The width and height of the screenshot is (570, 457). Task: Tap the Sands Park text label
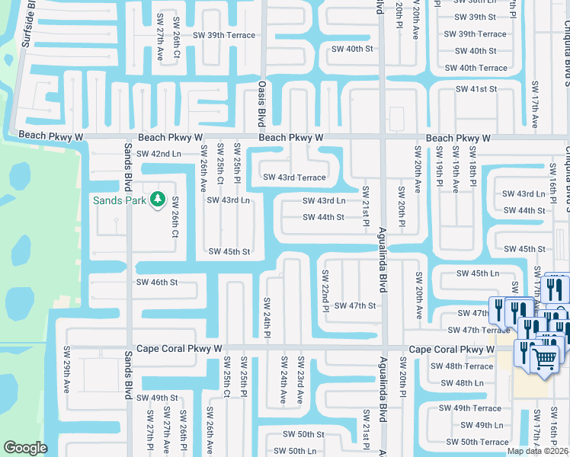pos(119,201)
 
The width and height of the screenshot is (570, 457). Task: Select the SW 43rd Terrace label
pos(294,177)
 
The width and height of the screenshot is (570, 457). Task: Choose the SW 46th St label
pos(157,282)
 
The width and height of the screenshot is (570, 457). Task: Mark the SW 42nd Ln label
pos(159,154)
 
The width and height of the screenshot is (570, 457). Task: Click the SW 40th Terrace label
pos(476,68)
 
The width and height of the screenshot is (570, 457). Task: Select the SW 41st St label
pos(476,89)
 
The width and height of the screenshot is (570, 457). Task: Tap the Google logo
pos(25,448)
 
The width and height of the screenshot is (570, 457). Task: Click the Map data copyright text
pos(537,451)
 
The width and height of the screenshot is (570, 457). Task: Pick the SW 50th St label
pos(303,434)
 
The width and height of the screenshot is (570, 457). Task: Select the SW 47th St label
pos(355,305)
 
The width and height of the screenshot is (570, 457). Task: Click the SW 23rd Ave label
pos(301,379)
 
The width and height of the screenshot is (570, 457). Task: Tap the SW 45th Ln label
pos(477,273)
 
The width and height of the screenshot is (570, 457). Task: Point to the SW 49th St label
pos(158,398)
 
